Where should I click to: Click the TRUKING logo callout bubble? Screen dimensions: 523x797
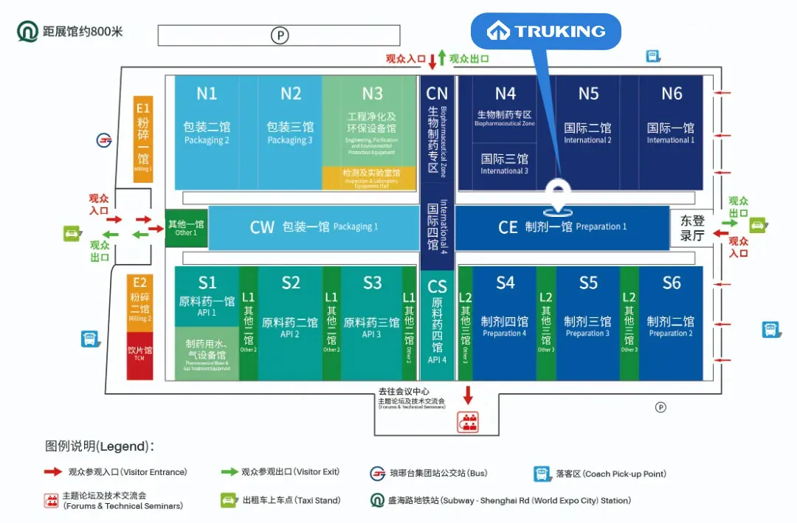[546, 32]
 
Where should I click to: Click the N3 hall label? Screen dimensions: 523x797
[372, 94]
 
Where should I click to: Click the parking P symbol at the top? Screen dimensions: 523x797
[279, 35]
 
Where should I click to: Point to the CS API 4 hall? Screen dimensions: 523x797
[437, 325]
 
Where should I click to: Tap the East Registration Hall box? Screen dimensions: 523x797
[692, 228]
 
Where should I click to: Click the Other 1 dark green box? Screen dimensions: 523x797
[186, 228]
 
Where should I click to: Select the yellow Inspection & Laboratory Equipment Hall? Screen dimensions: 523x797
[370, 178]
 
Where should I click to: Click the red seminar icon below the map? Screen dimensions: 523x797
[467, 421]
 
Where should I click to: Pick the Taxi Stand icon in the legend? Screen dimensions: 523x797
[229, 501]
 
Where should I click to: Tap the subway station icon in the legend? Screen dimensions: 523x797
[378, 501]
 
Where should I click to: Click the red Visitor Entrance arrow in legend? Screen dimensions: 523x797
[52, 472]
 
